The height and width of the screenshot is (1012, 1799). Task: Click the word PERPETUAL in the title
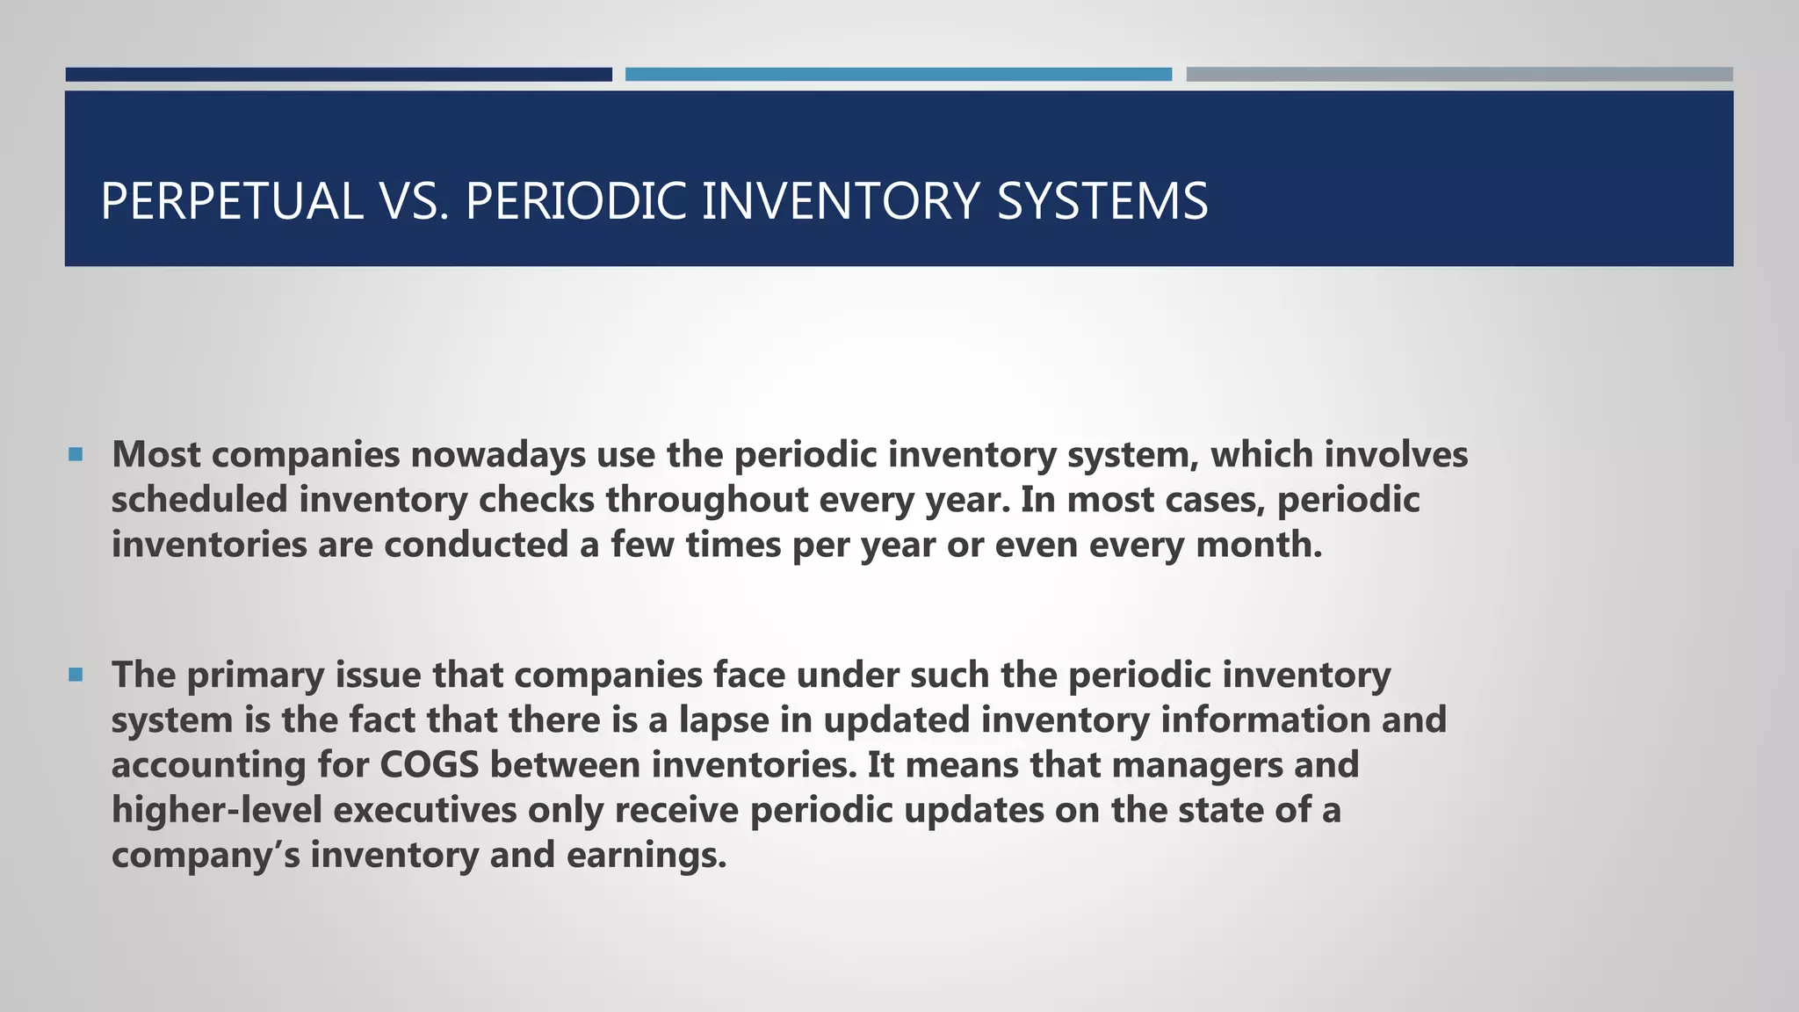click(x=232, y=201)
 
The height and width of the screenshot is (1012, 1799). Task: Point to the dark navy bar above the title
click(x=338, y=75)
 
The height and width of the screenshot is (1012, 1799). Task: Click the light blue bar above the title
click(x=898, y=75)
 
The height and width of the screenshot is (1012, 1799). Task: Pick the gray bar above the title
click(x=1459, y=75)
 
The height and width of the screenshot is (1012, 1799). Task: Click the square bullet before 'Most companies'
click(x=76, y=455)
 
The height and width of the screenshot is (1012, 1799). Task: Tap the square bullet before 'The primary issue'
click(x=76, y=675)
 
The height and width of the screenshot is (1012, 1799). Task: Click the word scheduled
click(x=199, y=500)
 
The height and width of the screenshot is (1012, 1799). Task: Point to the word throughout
click(x=707, y=500)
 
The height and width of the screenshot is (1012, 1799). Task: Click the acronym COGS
click(x=430, y=765)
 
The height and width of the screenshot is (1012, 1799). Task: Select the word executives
click(x=425, y=810)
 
